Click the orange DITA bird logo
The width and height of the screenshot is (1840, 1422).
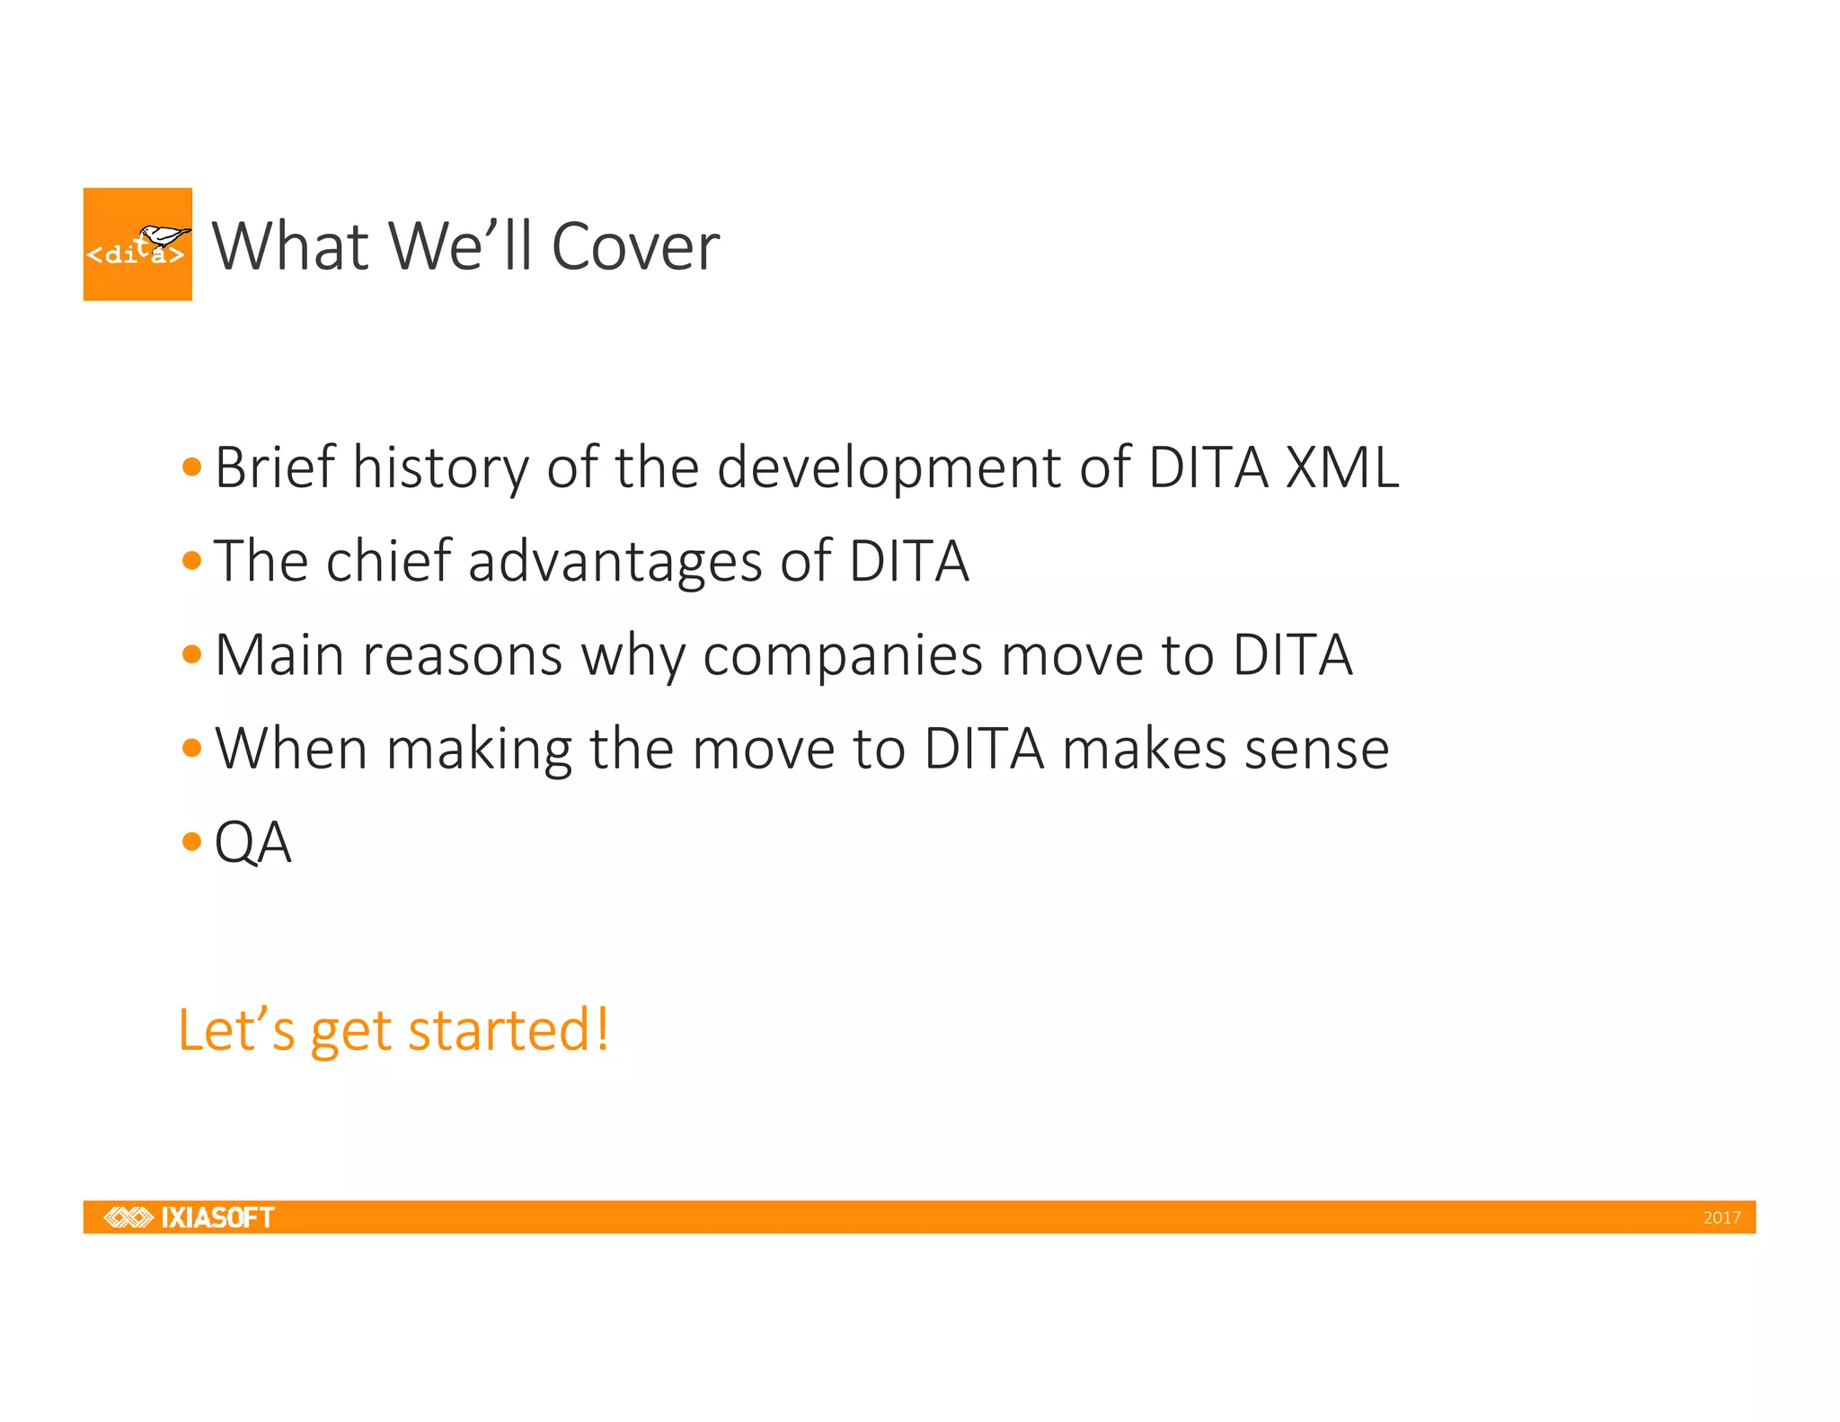point(137,244)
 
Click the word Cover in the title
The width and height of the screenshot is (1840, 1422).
point(634,246)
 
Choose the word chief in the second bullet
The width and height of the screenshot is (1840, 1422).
point(387,561)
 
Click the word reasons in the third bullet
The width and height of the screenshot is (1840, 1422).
point(462,656)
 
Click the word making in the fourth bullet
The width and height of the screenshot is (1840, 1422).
point(479,751)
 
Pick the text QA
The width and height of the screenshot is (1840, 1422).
point(252,843)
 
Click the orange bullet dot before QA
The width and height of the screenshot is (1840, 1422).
point(191,842)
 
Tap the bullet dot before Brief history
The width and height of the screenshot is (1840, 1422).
point(191,467)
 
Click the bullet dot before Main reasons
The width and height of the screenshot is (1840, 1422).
point(191,654)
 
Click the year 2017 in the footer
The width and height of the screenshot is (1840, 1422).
point(1721,1218)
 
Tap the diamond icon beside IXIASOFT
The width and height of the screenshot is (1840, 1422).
point(128,1217)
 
